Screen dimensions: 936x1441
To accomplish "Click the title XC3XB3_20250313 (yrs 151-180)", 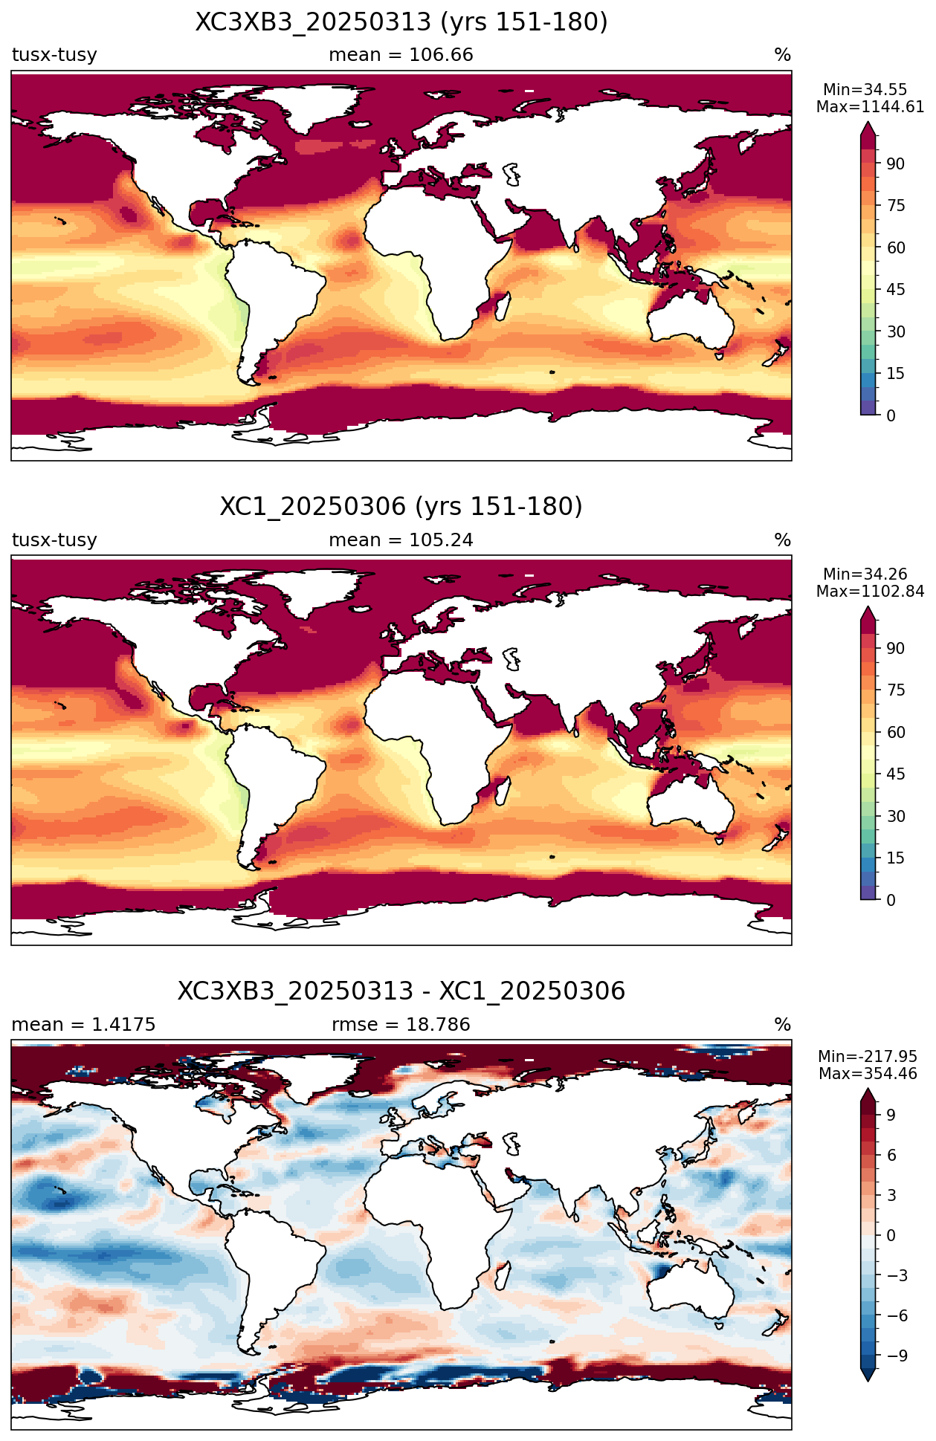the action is pos(401,22).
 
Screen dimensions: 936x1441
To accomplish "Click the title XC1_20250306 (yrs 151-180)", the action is pos(401,507).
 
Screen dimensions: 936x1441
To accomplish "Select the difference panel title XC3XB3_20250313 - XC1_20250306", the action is pos(401,991).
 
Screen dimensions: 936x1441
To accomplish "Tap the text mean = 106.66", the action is pos(401,55).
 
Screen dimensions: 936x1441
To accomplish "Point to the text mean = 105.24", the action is pos(401,540).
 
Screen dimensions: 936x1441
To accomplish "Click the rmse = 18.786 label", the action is pos(401,1024).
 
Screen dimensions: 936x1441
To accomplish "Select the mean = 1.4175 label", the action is pos(83,1024).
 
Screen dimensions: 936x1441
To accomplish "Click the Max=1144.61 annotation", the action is pos(871,107).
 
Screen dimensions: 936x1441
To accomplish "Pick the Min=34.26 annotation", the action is pos(865,574).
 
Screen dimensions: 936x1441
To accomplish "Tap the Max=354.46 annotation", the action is pos(868,1073).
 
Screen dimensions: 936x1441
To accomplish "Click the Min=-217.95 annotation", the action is pos(868,1057).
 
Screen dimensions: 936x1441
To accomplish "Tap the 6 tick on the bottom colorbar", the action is pos(891,1155).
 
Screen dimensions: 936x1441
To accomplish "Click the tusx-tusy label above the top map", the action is pos(54,55).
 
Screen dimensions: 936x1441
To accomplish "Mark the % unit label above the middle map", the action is pos(782,540).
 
